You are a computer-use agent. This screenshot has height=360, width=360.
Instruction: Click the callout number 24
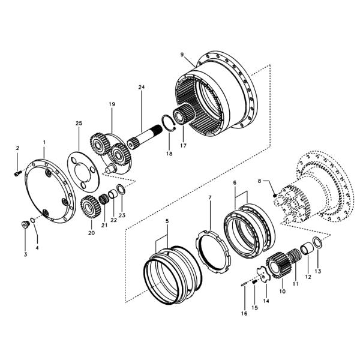[142, 87]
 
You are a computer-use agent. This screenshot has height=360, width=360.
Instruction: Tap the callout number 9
[182, 55]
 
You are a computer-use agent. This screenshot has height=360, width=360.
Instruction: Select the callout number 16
[244, 313]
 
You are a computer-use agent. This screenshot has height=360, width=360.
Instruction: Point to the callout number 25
[79, 123]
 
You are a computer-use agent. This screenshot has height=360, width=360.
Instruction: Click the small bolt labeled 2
[18, 173]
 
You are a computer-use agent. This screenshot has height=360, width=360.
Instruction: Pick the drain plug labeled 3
[25, 224]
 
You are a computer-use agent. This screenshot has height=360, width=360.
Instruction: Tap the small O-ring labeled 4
[33, 220]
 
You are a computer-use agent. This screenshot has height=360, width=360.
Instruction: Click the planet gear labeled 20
[91, 206]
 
